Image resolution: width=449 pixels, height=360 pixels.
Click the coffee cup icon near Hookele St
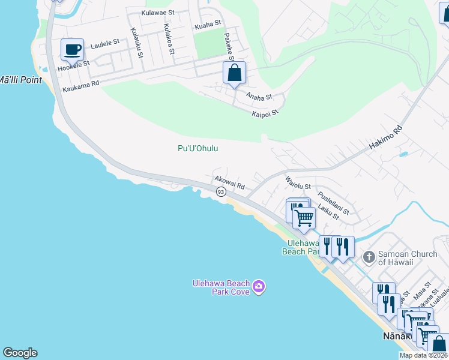[72, 50]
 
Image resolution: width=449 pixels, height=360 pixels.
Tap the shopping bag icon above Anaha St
[234, 73]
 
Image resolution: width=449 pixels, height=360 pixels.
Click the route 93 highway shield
[221, 192]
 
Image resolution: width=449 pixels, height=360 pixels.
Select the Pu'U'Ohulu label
[198, 149]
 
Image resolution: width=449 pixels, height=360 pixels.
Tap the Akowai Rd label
[229, 182]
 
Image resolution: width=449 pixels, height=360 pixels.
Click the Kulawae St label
[158, 12]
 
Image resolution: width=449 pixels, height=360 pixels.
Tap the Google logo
[20, 353]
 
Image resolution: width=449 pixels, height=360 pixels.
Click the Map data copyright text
[423, 355]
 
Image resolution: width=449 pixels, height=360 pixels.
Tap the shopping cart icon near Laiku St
[304, 218]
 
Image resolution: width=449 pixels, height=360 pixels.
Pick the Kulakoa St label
[169, 40]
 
